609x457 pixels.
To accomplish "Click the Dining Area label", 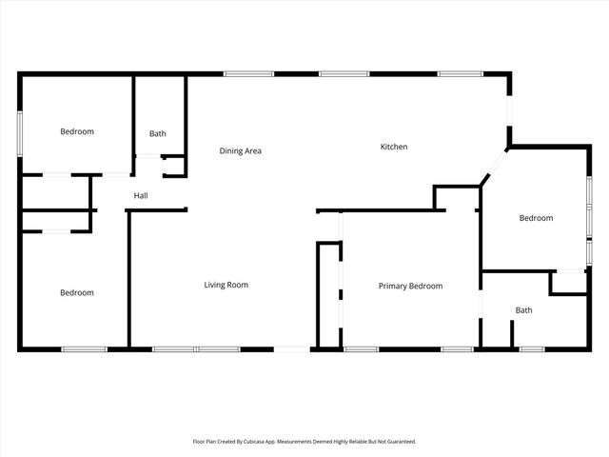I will click(x=240, y=150).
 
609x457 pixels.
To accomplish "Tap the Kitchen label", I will click(x=394, y=147).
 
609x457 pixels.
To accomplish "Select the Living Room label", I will click(x=226, y=285).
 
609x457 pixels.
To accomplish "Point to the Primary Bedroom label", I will click(x=410, y=286).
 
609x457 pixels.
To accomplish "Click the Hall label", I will click(x=141, y=196).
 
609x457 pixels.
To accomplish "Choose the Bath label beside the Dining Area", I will click(x=158, y=134).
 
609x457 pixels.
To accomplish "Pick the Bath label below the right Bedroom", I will click(x=524, y=310).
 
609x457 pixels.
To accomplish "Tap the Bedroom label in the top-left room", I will click(x=77, y=131).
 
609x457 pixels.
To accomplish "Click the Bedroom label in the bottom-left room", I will click(x=77, y=292).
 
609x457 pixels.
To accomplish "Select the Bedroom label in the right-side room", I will click(x=536, y=218).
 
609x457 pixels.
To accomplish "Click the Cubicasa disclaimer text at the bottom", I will click(x=304, y=442).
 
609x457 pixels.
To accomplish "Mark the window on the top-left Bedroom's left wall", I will click(x=20, y=132).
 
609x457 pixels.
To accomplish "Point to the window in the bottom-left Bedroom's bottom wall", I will click(x=83, y=349).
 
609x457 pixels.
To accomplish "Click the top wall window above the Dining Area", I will click(x=249, y=73).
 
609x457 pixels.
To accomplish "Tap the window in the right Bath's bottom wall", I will click(x=532, y=349).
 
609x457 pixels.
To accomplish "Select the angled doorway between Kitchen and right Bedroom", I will click(x=496, y=166).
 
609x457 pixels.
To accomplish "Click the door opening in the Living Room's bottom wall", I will click(x=292, y=349).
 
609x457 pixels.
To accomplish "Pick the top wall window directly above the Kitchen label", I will click(x=344, y=73).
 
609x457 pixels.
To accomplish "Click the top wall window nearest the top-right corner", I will click(x=461, y=73).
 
